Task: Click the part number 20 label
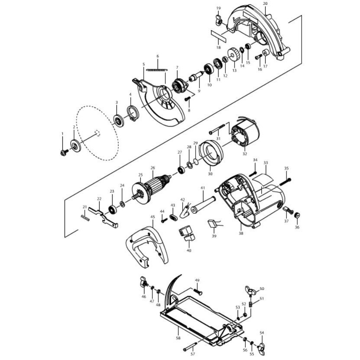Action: click(265, 4)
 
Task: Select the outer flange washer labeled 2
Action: click(76, 146)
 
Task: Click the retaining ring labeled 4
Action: click(133, 113)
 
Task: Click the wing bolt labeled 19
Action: click(219, 19)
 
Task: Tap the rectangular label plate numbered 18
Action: click(219, 36)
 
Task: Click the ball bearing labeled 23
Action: click(112, 209)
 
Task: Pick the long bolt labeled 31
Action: click(217, 129)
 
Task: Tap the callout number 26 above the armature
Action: click(153, 168)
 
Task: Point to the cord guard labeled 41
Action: click(203, 205)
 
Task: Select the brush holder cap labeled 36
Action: click(297, 215)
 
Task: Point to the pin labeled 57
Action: click(190, 346)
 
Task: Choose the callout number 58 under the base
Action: click(178, 338)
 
